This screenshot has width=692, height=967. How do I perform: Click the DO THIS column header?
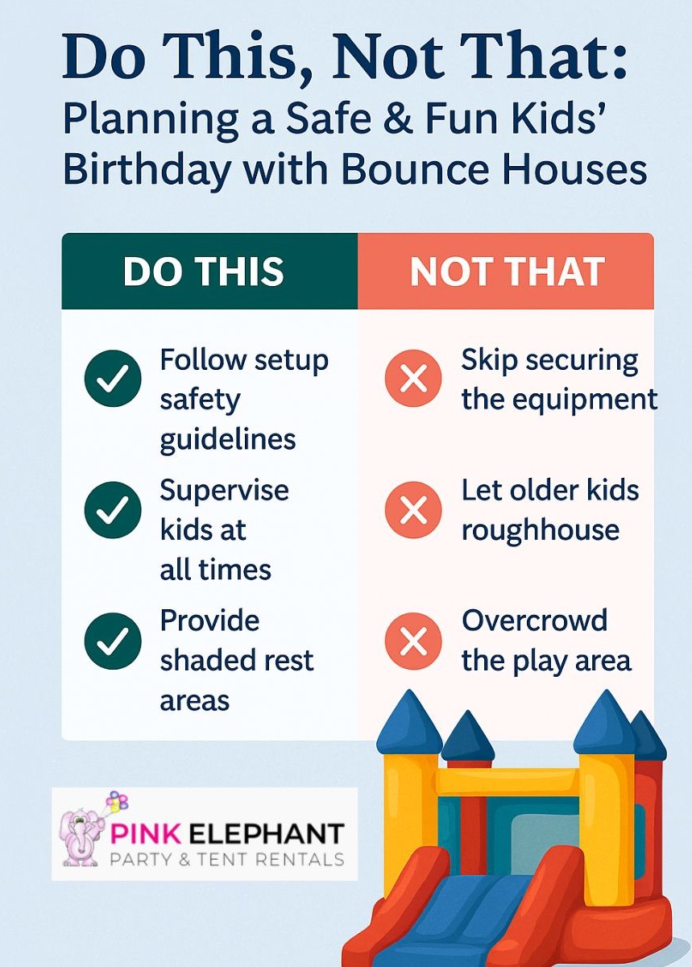coord(204,272)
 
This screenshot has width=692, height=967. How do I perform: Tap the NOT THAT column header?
coord(507,272)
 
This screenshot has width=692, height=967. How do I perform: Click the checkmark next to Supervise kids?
coord(113,510)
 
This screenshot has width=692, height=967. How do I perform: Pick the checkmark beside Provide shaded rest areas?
coord(113,641)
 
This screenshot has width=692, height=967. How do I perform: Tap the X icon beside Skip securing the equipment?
coord(413,379)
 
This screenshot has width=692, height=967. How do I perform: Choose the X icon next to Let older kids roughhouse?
coord(413,510)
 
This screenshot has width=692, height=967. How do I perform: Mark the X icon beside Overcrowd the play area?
coord(413,641)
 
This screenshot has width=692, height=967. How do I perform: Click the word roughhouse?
coord(541,530)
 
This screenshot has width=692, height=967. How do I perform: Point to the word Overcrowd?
coord(535,620)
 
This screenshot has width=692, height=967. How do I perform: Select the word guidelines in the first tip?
coord(228,440)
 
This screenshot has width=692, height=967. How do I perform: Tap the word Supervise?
coord(224,490)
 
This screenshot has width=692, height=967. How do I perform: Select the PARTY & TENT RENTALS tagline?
coord(226,859)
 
